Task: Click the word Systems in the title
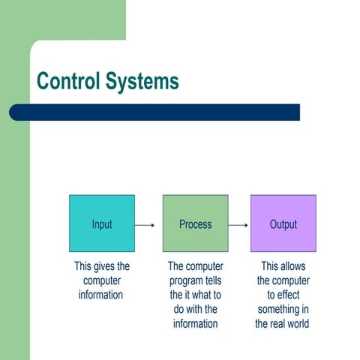point(143,81)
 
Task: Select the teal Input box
point(102,223)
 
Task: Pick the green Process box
point(195,223)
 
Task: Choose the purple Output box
point(283,223)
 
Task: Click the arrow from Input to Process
point(145,224)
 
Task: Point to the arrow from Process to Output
point(238,224)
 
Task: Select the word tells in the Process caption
point(214,280)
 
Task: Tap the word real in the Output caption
point(282,324)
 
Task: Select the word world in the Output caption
point(298,324)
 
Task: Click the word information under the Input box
point(101,295)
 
